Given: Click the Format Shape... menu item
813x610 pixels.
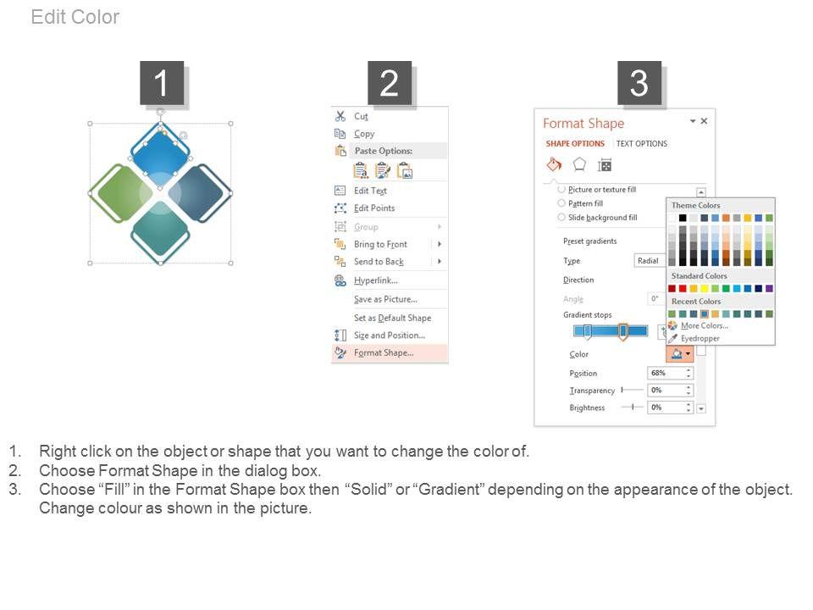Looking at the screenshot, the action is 384,353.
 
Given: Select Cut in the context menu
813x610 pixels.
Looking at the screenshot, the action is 361,117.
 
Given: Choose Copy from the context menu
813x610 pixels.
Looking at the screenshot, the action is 364,134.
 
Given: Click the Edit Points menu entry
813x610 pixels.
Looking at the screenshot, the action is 374,208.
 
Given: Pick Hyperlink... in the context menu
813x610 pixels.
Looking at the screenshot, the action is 376,280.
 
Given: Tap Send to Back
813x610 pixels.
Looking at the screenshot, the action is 379,262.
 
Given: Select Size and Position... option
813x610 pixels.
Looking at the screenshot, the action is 390,335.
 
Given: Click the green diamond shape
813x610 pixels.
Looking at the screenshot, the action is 121,193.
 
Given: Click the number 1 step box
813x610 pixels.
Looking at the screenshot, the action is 162,83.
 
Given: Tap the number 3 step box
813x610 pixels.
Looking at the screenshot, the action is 639,83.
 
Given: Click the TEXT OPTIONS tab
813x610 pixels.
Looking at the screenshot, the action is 642,144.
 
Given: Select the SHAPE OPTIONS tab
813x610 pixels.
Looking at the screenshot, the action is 575,144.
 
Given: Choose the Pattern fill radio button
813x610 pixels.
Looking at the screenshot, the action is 561,203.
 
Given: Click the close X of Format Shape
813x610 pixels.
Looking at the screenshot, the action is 704,121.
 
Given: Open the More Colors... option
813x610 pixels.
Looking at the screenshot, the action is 704,325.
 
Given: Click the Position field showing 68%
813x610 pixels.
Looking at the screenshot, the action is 670,374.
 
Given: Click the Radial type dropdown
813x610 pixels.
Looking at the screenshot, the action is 650,261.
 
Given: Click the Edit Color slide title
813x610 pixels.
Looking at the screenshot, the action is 75,17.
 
